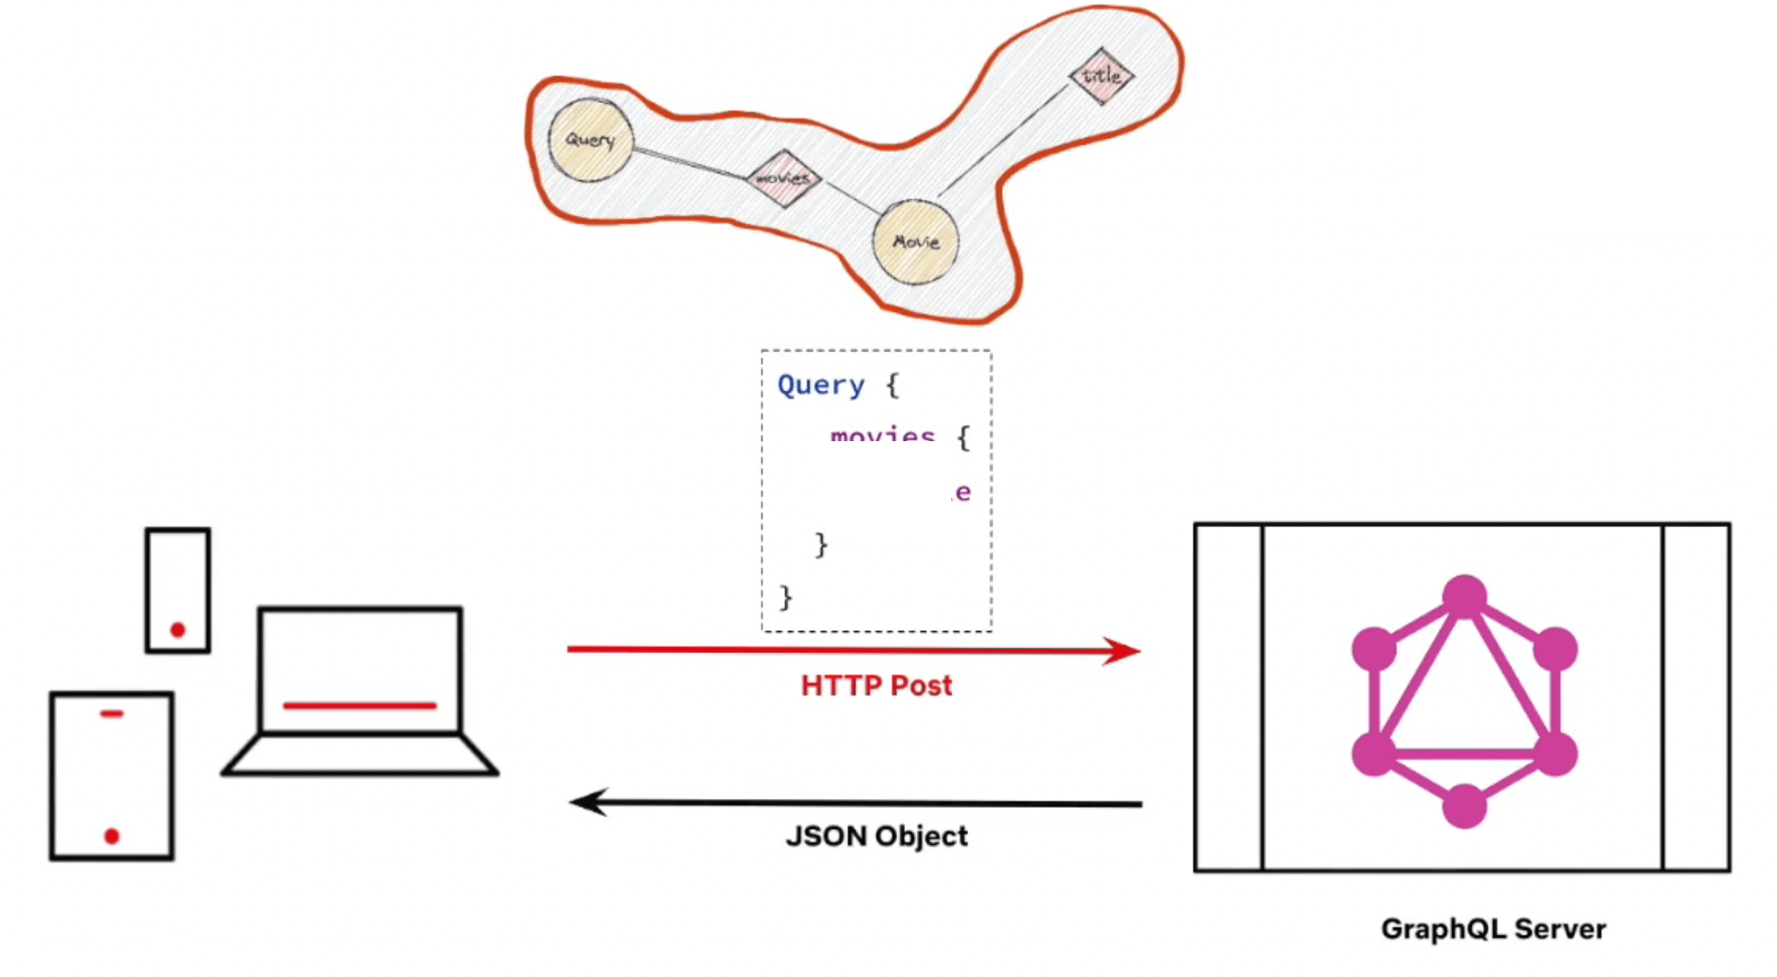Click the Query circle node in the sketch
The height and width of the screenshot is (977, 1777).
point(591,140)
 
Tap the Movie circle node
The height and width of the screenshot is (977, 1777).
point(916,242)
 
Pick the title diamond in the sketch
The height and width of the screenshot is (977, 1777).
point(1101,76)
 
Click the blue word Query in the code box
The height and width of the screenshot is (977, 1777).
point(820,385)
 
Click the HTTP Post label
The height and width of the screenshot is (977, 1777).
point(876,686)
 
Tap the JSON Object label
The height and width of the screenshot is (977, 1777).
point(876,836)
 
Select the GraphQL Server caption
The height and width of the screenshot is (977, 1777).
point(1493,928)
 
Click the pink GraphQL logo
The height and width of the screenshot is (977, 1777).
point(1464,700)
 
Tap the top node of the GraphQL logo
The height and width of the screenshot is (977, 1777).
point(1464,596)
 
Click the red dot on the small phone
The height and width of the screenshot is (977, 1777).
point(178,629)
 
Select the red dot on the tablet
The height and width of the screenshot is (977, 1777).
point(112,836)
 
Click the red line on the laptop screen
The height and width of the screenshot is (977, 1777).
point(359,705)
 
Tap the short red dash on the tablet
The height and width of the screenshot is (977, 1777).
point(112,714)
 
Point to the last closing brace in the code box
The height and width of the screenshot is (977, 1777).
point(786,597)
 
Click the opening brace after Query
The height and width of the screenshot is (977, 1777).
point(893,385)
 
